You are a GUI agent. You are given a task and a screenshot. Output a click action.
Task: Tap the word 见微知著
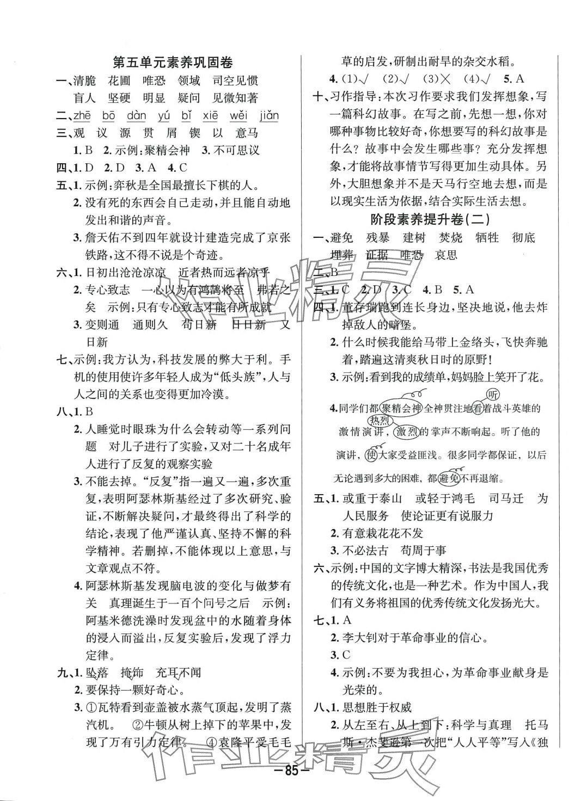point(234,98)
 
